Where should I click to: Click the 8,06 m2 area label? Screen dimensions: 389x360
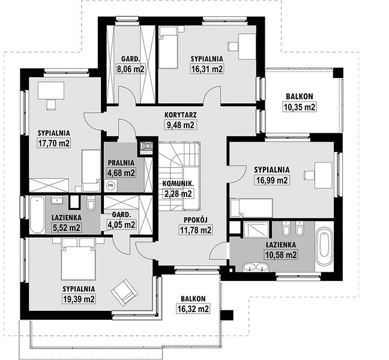coord(130,69)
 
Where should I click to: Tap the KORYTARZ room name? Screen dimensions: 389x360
coord(181,115)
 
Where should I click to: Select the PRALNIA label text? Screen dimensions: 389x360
coord(121,163)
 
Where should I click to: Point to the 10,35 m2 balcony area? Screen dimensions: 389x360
coord(300,107)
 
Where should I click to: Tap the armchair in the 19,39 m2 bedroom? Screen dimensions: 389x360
coord(124,293)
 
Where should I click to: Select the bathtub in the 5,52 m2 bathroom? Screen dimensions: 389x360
coord(37,215)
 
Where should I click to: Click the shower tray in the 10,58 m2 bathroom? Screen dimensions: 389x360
coord(256,230)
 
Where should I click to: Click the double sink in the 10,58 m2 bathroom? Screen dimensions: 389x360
coord(256,267)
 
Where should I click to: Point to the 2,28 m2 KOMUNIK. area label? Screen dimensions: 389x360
coord(178,193)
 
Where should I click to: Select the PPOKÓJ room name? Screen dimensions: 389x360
coord(196,220)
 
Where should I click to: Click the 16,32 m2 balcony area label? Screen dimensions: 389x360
coord(193,309)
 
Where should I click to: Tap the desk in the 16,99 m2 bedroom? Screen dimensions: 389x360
coord(324,175)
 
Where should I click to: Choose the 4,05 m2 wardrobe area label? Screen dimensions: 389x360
coord(121,224)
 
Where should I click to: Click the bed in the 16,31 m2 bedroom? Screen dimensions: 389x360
coord(168,47)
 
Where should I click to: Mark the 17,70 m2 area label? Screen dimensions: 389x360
coord(54,143)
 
